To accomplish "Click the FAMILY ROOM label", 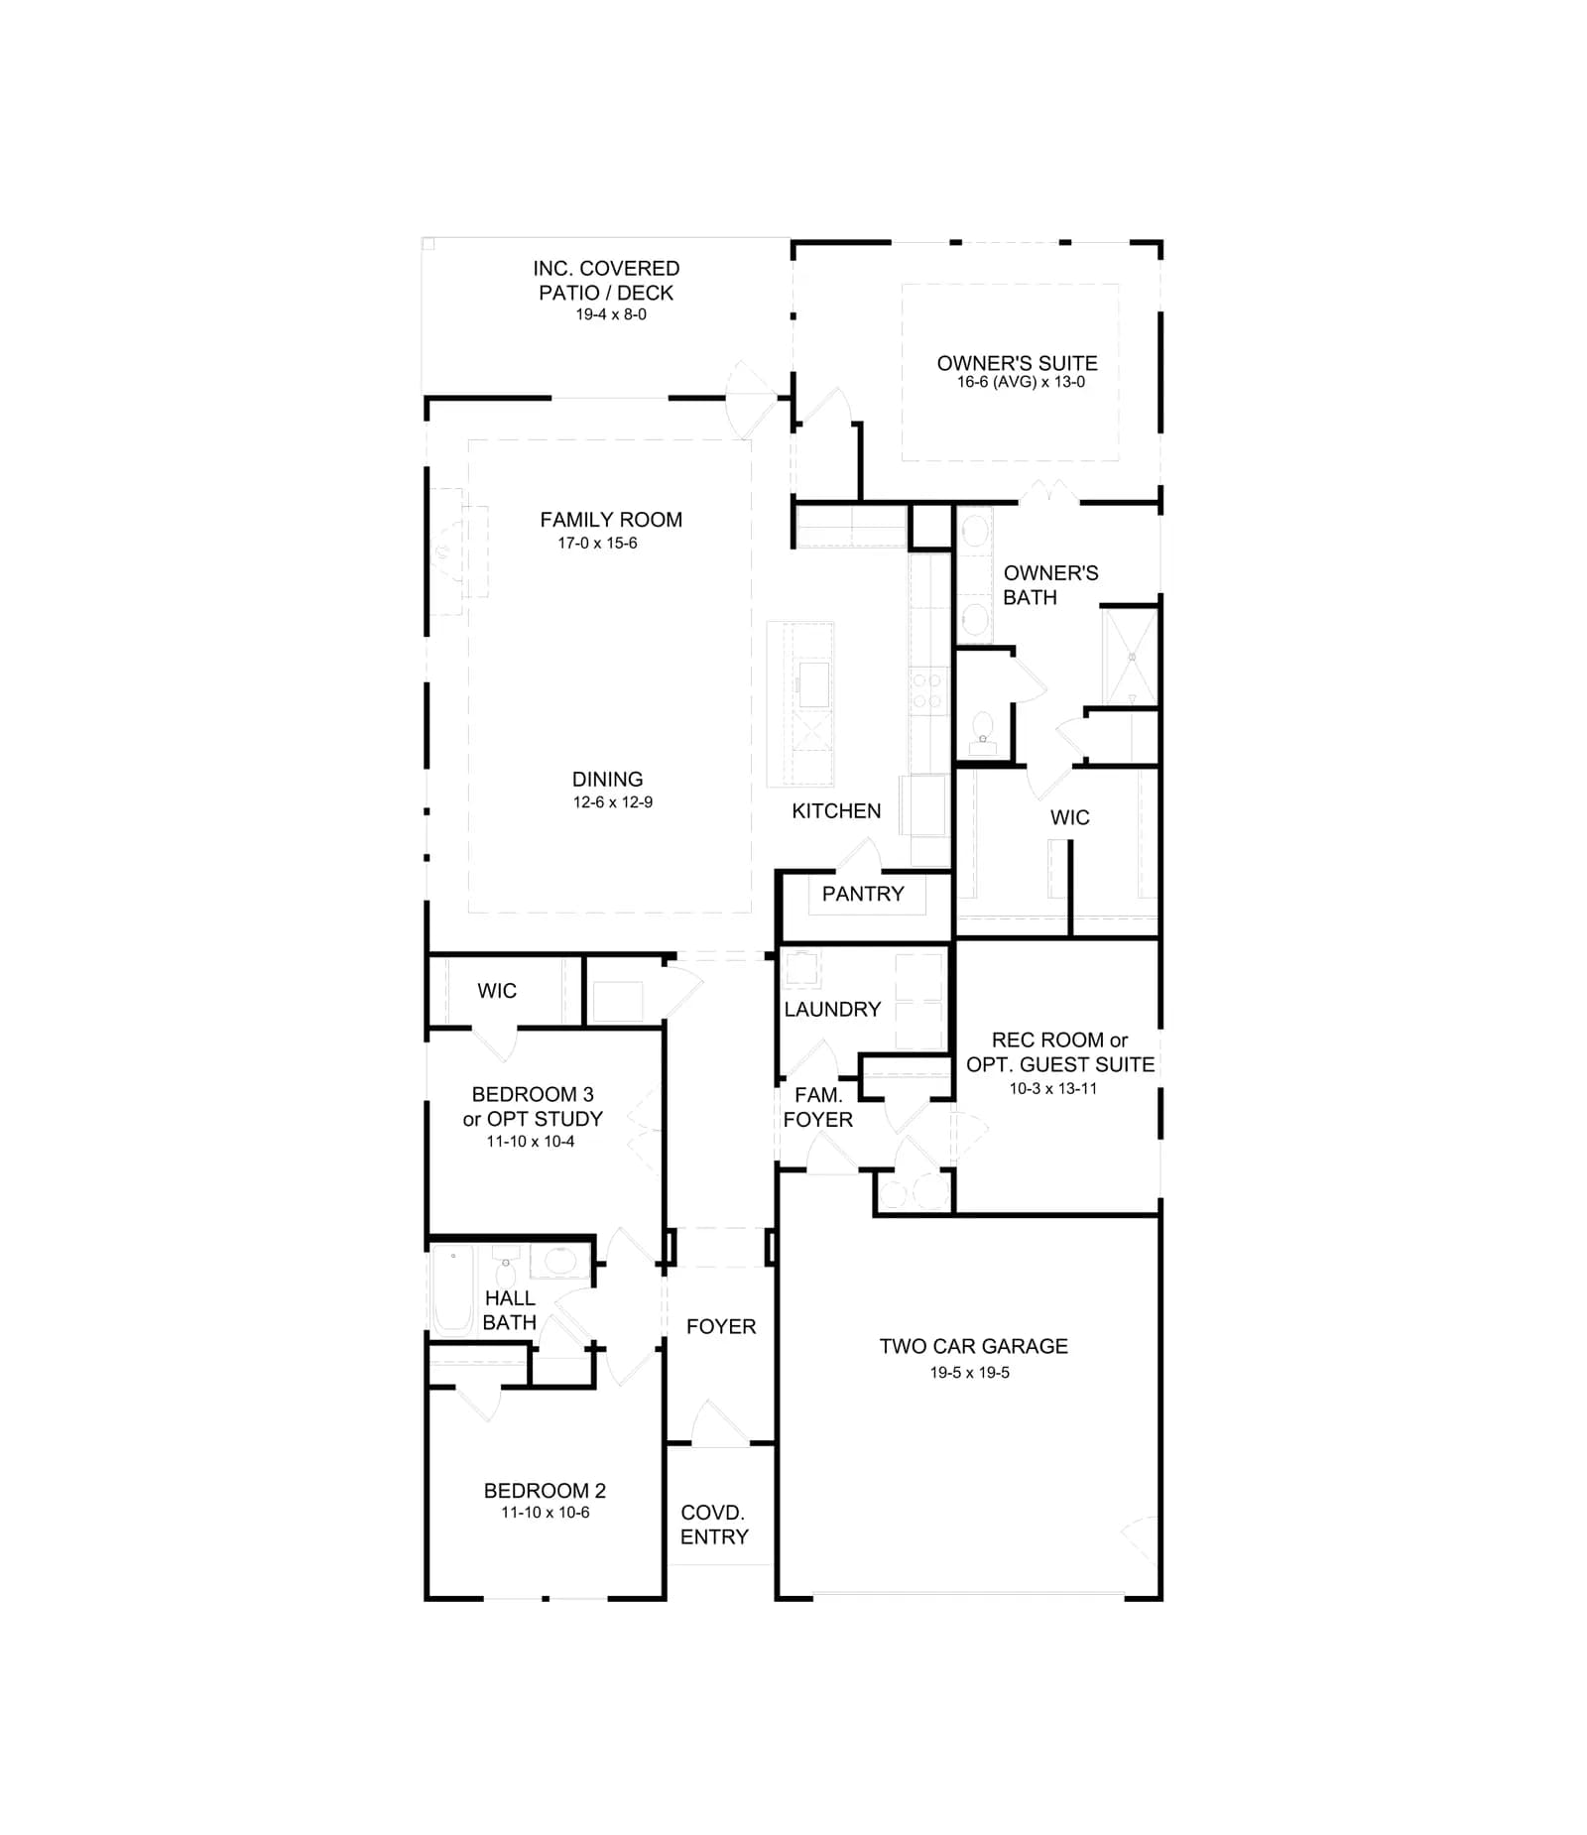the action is pos(611,520).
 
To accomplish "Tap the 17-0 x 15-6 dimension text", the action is pos(597,544).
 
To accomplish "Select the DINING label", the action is pos(607,780).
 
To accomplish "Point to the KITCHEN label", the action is pos(836,811).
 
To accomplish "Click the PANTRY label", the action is pos(863,894).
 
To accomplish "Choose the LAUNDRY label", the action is pos(832,1010).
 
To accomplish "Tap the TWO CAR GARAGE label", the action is pos(973,1346).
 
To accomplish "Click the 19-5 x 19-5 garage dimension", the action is pos(970,1373).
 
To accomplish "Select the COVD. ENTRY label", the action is pos(713,1525).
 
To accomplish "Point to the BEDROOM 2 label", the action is pos(545,1491).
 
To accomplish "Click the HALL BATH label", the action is pos(510,1310).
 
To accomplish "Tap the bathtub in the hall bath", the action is pos(453,1287).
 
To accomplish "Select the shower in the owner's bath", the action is pos(1130,657).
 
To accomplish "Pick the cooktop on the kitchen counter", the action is pos(928,690).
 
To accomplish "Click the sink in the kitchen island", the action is pos(814,684).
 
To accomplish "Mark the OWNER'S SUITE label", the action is pos(1018,363).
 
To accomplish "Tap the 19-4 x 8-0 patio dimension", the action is pos(611,314).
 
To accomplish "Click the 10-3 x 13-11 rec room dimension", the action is pos(1053,1088).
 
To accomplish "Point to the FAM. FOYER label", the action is pos(817,1107).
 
